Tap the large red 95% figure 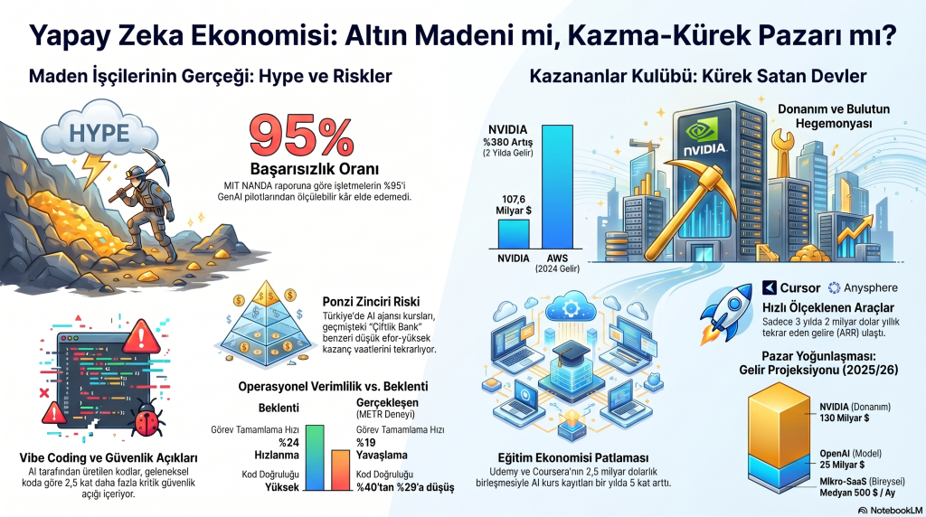302,136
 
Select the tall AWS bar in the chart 557,186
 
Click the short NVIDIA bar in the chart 514,234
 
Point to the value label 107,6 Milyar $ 514,205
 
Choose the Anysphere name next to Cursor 870,288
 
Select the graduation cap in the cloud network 570,352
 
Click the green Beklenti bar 315,457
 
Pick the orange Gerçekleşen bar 340,470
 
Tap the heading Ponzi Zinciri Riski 372,302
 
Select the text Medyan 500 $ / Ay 857,493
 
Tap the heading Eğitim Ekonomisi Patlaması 572,458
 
